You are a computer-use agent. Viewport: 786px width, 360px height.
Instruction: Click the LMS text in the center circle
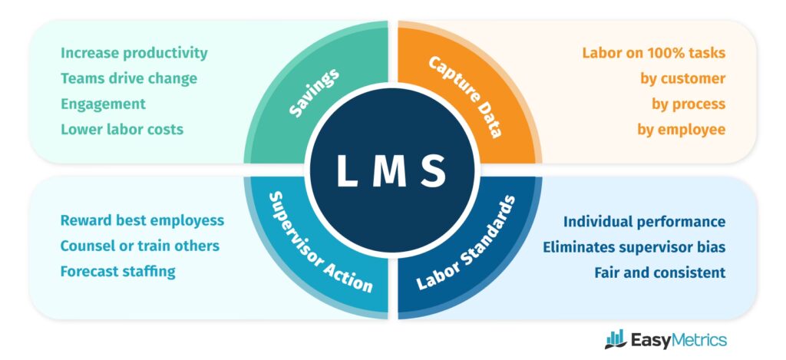[391, 170]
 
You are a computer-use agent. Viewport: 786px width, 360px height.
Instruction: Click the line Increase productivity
[134, 53]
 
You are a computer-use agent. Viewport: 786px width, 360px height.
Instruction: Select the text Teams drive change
[129, 78]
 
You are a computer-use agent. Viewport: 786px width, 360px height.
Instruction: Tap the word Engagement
[103, 104]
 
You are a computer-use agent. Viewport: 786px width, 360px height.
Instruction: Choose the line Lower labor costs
[122, 129]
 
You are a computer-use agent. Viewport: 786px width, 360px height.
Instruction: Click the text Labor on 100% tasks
[653, 53]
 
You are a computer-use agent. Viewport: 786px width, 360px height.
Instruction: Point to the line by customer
[682, 78]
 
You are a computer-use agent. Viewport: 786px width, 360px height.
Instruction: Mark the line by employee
[681, 129]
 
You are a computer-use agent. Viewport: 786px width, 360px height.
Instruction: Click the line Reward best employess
[142, 220]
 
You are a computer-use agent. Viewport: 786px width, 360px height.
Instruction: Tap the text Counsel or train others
[140, 246]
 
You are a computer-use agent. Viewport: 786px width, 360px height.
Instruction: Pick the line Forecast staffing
[117, 271]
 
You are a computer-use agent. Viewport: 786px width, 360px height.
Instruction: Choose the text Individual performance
[644, 221]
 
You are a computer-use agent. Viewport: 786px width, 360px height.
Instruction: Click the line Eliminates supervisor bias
[634, 247]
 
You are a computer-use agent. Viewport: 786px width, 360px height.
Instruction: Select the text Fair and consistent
[659, 272]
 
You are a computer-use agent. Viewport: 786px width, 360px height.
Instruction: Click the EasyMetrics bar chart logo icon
[615, 339]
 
